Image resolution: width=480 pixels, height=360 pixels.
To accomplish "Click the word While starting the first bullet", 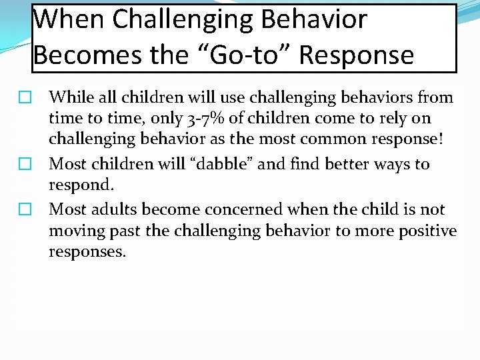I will tap(71, 97).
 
